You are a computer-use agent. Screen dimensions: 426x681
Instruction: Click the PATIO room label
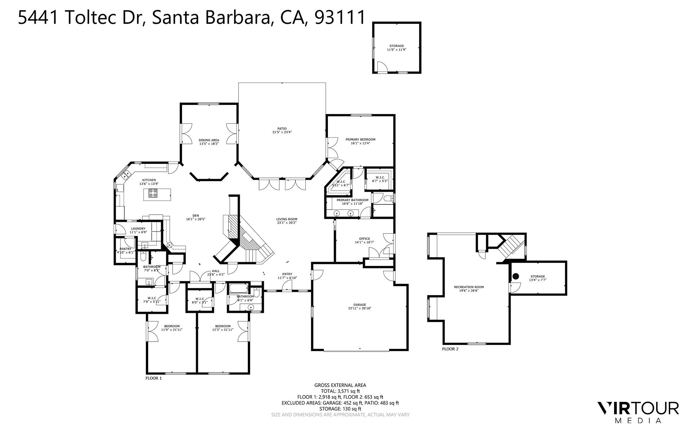click(x=282, y=128)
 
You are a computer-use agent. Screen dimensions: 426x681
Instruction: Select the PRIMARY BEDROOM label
click(x=360, y=139)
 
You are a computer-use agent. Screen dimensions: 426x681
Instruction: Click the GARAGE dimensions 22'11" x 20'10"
click(x=360, y=308)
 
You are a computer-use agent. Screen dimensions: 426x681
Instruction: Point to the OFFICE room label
click(x=364, y=238)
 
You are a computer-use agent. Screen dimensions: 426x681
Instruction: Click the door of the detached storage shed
click(x=382, y=67)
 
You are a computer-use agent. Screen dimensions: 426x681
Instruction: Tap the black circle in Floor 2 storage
click(x=515, y=276)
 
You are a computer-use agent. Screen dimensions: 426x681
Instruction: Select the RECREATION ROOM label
click(x=469, y=287)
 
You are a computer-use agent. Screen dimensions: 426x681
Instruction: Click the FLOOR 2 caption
click(x=450, y=349)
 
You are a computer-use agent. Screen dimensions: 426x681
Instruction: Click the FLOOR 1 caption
click(x=153, y=378)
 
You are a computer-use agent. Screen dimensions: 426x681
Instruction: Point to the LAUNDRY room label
click(x=138, y=228)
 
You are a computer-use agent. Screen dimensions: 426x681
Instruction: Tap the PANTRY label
click(x=125, y=249)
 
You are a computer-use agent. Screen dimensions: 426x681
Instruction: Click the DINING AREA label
click(x=209, y=140)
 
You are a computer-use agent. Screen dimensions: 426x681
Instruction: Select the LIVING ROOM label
click(x=286, y=219)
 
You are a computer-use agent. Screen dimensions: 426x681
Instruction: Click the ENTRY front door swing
click(x=287, y=286)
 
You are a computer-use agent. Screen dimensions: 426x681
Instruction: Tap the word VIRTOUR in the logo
click(x=638, y=408)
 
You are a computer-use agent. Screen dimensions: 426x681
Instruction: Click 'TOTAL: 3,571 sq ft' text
click(x=340, y=391)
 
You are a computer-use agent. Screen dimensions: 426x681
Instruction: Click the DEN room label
click(x=196, y=216)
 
